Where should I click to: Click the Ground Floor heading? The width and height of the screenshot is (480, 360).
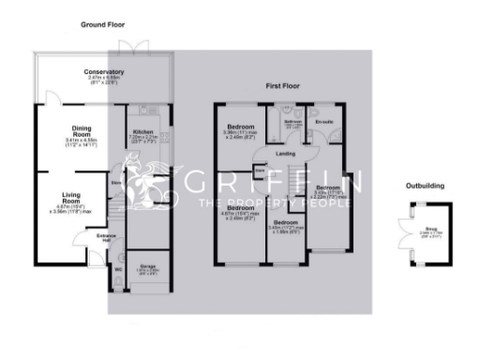103,23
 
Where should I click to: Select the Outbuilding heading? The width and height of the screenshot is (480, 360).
425,187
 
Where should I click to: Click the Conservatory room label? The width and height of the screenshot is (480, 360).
104,72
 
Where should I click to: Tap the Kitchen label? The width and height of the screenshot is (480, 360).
142,132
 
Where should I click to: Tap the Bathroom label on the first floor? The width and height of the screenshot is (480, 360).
293,122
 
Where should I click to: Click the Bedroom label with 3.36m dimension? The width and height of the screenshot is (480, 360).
241,127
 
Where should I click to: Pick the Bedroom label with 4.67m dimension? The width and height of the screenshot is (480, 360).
241,208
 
